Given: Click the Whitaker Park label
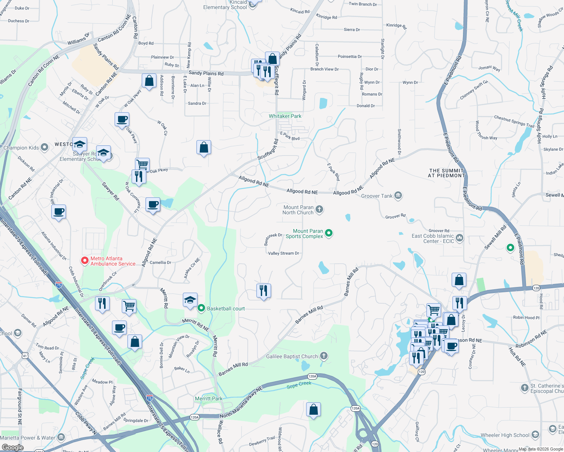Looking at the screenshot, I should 285,116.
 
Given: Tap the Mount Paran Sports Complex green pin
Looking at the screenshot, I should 329,233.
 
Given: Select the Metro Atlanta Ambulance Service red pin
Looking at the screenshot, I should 85,260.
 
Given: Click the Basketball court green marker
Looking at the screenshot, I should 201,308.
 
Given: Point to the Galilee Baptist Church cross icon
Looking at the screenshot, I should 324,356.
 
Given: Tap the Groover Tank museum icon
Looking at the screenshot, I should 398,195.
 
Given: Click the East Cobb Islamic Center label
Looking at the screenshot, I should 432,238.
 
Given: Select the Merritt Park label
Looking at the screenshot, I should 208,399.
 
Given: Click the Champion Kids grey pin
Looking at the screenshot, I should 44,147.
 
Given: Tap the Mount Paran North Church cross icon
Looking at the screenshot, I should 319,209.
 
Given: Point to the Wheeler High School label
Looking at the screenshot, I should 505,435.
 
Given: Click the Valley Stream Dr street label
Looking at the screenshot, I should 283,253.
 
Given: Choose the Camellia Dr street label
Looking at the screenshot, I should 160,263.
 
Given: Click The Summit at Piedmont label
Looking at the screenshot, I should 447,173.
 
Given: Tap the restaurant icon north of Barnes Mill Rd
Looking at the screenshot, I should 264,290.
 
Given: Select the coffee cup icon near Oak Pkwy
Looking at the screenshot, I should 122,120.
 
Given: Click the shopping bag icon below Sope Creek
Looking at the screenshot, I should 314,409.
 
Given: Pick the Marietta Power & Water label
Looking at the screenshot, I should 28,438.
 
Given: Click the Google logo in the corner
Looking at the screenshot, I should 12,447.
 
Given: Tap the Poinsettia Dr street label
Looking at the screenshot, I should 349,56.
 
